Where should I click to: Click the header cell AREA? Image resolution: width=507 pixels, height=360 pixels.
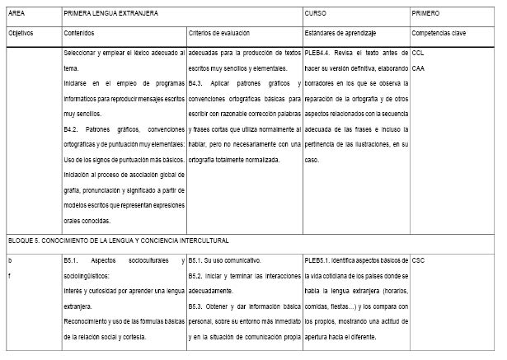16,15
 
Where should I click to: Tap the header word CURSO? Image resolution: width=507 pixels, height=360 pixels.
315,15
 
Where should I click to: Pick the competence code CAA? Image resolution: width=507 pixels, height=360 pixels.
418,68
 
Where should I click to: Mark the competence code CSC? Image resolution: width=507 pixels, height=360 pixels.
419,260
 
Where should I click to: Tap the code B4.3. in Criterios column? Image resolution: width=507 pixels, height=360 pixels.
198,83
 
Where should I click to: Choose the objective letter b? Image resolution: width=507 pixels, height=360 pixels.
10,260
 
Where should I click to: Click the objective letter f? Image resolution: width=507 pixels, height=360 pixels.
9,276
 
